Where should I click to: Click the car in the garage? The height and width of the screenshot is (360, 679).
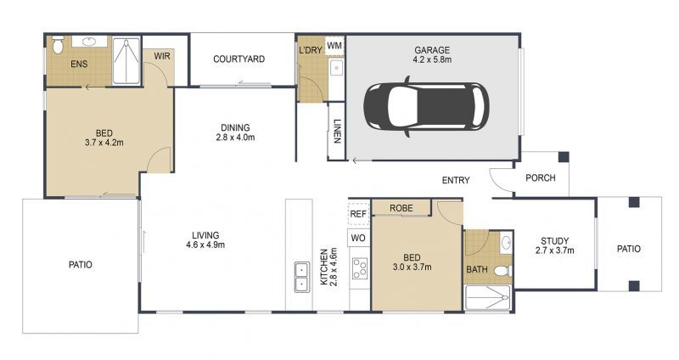[x=426, y=105]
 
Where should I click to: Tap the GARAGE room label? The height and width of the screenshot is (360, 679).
[x=432, y=49]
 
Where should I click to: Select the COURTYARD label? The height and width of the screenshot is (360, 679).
[x=239, y=59]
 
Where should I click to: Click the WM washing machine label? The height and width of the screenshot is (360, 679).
[x=334, y=44]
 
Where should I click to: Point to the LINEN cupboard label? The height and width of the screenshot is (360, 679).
[x=337, y=133]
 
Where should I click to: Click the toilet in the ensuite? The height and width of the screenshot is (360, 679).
[x=58, y=45]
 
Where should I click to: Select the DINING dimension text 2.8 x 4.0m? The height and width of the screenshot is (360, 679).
[x=235, y=137]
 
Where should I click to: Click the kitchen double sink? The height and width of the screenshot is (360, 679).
[x=300, y=274]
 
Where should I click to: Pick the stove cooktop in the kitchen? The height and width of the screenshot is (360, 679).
[x=359, y=269]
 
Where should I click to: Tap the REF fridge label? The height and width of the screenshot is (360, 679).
[x=358, y=215]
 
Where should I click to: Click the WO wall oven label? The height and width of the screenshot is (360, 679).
[x=358, y=239]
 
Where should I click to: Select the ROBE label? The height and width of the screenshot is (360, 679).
[x=401, y=208]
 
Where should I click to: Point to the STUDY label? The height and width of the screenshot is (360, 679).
[x=554, y=240]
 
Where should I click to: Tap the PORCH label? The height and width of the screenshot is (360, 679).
[x=541, y=178]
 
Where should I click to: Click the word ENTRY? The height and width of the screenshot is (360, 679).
[x=456, y=180]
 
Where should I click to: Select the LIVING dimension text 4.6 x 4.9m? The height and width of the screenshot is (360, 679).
[x=205, y=245]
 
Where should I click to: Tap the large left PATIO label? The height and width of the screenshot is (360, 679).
[x=81, y=265]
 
